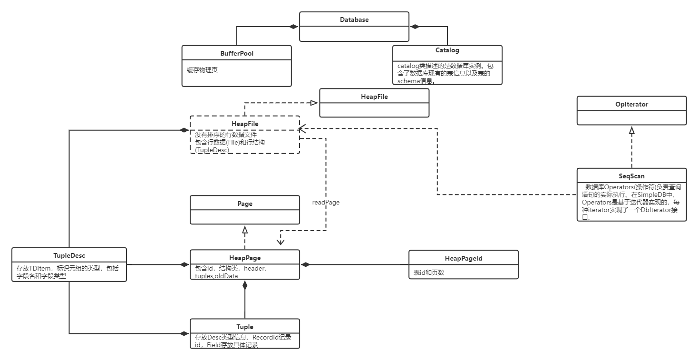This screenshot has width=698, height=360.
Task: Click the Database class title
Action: click(x=354, y=19)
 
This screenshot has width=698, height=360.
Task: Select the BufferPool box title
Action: click(x=237, y=53)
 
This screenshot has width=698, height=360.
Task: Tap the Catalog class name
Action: click(x=447, y=50)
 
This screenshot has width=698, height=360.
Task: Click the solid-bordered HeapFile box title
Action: click(x=374, y=97)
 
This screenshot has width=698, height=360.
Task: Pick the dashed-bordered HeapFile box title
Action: click(x=245, y=124)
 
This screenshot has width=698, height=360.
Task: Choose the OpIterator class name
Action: click(x=631, y=104)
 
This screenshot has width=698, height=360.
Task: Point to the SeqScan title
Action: click(x=631, y=176)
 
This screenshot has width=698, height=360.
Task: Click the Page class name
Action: click(x=245, y=204)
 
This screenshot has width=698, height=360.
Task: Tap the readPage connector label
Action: click(x=326, y=202)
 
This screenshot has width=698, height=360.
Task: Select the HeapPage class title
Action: click(x=245, y=258)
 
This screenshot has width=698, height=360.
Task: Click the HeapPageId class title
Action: click(x=464, y=258)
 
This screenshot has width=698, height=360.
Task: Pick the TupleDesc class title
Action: click(x=69, y=255)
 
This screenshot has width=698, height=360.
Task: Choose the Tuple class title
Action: click(x=245, y=327)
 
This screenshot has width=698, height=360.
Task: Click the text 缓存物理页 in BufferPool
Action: click(x=203, y=70)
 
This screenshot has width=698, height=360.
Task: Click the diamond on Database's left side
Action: click(x=294, y=27)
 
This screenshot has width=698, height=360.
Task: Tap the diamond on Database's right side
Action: click(x=415, y=27)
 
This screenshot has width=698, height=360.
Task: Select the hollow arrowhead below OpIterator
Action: click(x=632, y=129)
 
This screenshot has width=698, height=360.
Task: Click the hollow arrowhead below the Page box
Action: click(x=245, y=230)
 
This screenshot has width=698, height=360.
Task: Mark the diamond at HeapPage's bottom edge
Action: click(x=245, y=285)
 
